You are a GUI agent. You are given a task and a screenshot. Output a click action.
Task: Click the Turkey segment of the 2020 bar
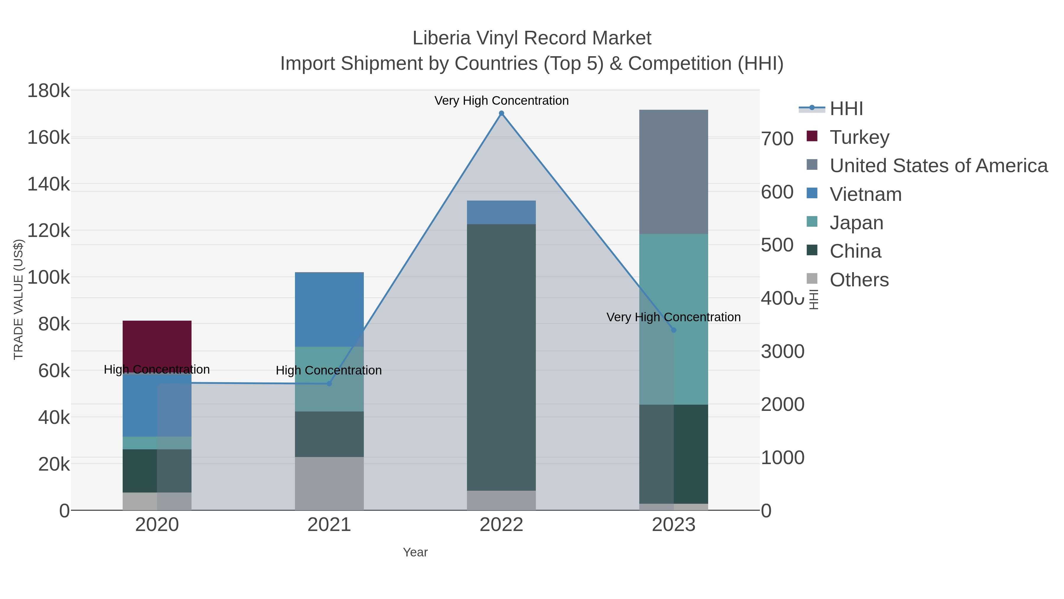(x=157, y=345)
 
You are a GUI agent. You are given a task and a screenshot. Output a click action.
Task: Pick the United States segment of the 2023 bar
(x=673, y=172)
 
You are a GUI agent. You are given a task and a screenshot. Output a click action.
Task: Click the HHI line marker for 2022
(x=501, y=113)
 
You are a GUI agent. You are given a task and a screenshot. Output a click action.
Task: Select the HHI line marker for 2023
(x=673, y=330)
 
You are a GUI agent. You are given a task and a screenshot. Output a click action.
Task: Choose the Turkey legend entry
(x=859, y=137)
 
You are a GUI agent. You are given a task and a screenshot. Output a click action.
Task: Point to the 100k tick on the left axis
(x=48, y=277)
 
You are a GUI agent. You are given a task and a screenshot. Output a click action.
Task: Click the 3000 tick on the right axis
(x=782, y=351)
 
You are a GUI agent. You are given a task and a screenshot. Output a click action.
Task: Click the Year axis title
(x=415, y=552)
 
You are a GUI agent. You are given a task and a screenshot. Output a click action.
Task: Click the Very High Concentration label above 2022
(x=501, y=101)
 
